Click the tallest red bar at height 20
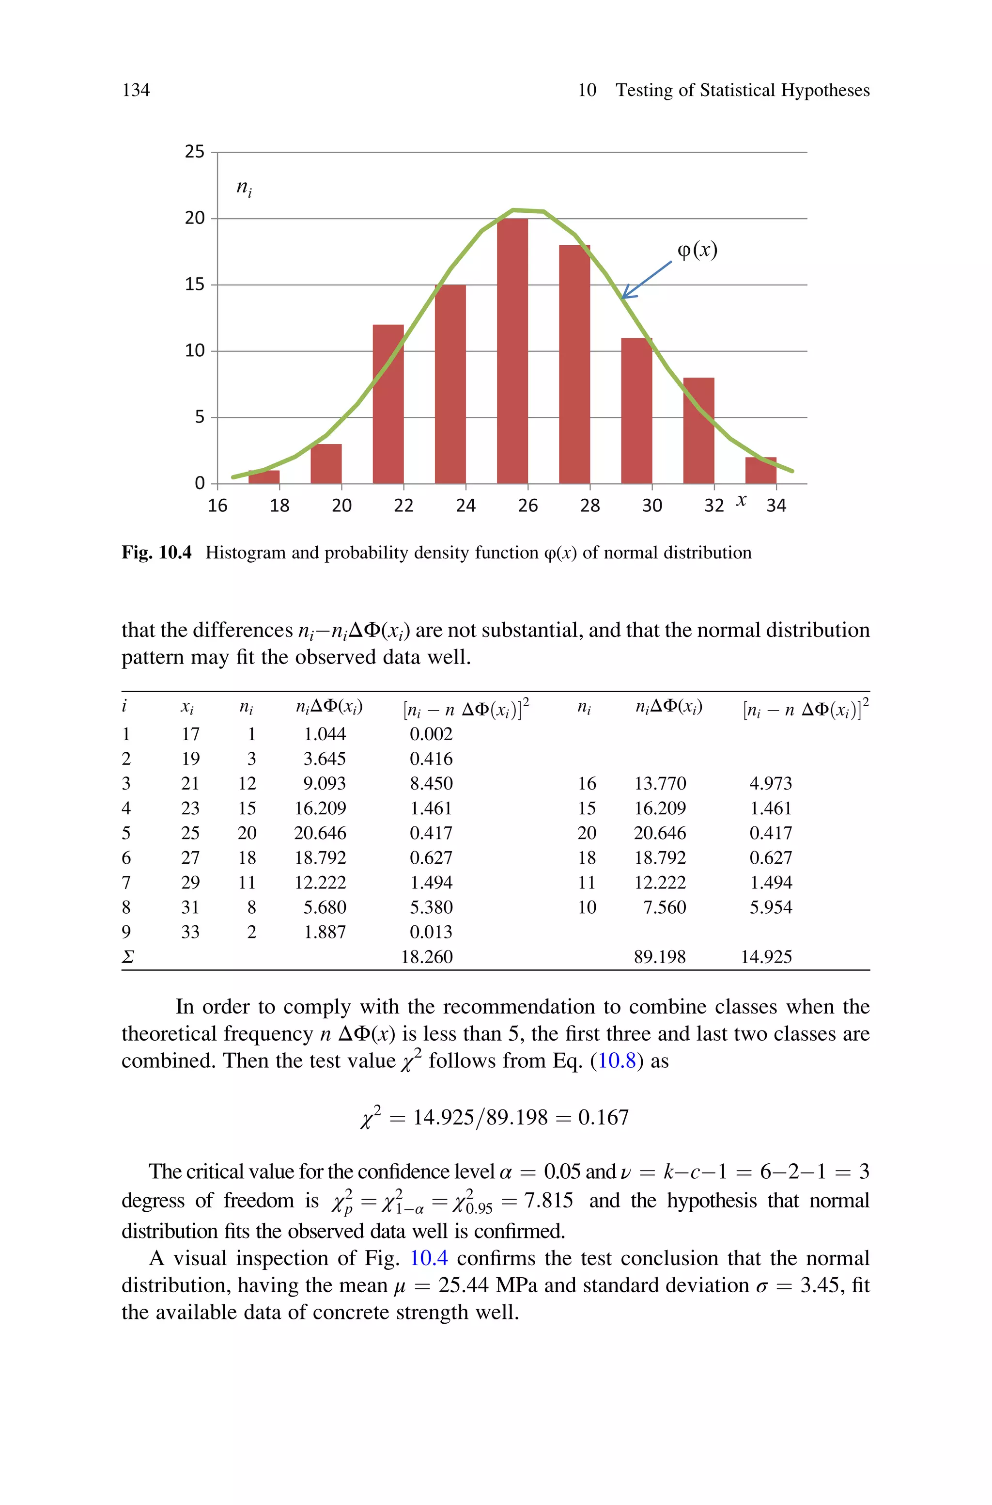tap(512, 351)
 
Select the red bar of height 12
tap(388, 405)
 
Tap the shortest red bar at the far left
tap(264, 477)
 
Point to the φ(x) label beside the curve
tap(697, 250)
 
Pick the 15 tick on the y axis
tap(194, 285)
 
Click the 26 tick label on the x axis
tap(527, 506)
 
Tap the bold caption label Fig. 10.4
tap(156, 553)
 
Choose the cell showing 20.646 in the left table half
tap(320, 833)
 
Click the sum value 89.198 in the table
tap(659, 956)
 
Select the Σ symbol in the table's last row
tap(127, 957)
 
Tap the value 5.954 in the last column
tap(770, 907)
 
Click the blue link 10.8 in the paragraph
tap(617, 1061)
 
